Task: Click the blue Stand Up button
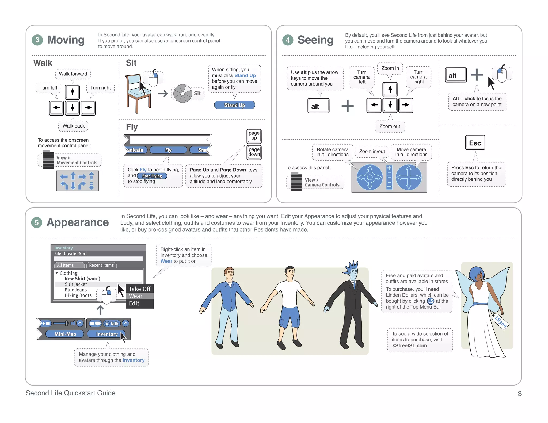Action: tap(234, 105)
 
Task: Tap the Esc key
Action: tap(475, 143)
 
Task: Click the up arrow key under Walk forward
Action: tap(73, 92)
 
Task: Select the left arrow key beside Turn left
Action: tap(56, 108)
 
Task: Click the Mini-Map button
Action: tap(65, 334)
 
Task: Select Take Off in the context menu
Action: tap(139, 289)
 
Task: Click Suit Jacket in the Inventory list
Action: tap(76, 284)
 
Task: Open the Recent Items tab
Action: tap(101, 265)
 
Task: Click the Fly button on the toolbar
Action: tap(168, 150)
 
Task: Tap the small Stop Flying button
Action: tap(152, 176)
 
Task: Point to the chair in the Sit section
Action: tap(136, 92)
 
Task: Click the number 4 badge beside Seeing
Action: tap(288, 40)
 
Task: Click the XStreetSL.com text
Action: tap(409, 345)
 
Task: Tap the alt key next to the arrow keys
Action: tap(318, 106)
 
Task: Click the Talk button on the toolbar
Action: tap(112, 324)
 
